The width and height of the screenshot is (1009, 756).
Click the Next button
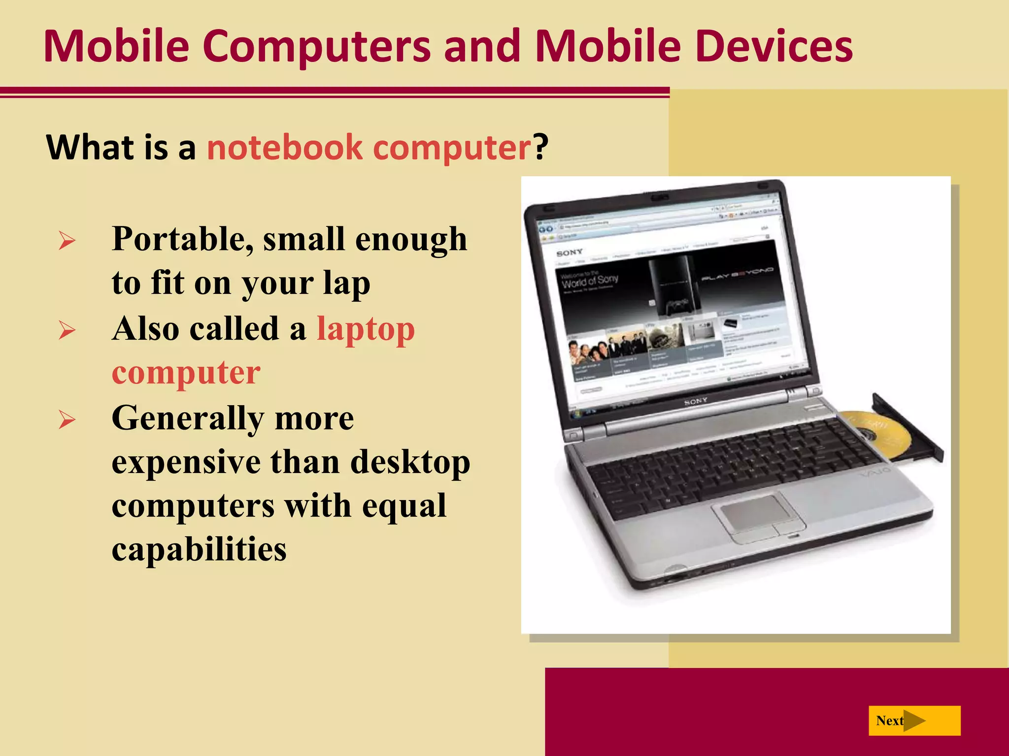coord(914,721)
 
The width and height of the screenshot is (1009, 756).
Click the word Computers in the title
coord(316,47)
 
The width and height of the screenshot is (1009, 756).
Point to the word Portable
coord(182,240)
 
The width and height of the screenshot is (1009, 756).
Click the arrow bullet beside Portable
coord(67,241)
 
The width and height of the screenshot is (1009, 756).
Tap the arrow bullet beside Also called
coord(67,330)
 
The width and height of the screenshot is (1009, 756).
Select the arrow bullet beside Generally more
coord(67,420)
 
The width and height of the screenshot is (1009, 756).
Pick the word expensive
coord(186,463)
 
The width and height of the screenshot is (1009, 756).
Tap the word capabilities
coord(199,549)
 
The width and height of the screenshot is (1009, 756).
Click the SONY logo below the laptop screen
coord(695,402)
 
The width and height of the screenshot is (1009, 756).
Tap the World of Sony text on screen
coord(590,281)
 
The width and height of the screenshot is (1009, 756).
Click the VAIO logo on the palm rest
coord(875,474)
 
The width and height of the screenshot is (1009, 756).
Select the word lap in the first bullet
coord(346,284)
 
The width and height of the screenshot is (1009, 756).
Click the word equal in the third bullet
coord(404,506)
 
